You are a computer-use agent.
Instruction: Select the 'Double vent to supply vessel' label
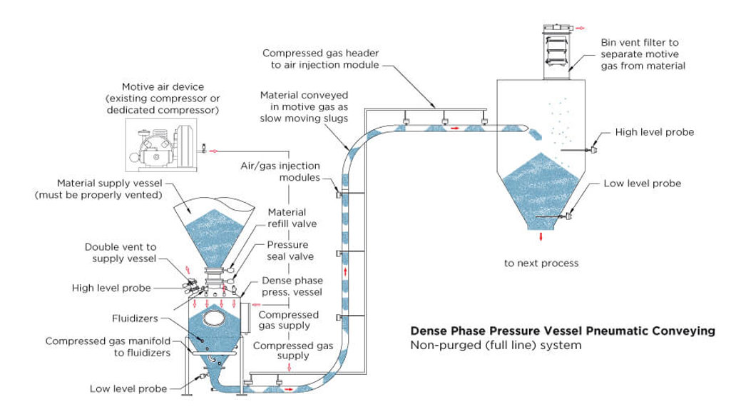121,253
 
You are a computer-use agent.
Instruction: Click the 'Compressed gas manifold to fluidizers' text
108,347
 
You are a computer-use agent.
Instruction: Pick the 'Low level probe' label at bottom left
128,389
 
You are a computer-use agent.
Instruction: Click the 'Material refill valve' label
287,218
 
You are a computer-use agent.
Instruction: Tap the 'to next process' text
541,263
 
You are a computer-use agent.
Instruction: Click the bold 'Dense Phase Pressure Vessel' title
562,331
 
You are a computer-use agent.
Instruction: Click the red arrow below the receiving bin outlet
541,236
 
